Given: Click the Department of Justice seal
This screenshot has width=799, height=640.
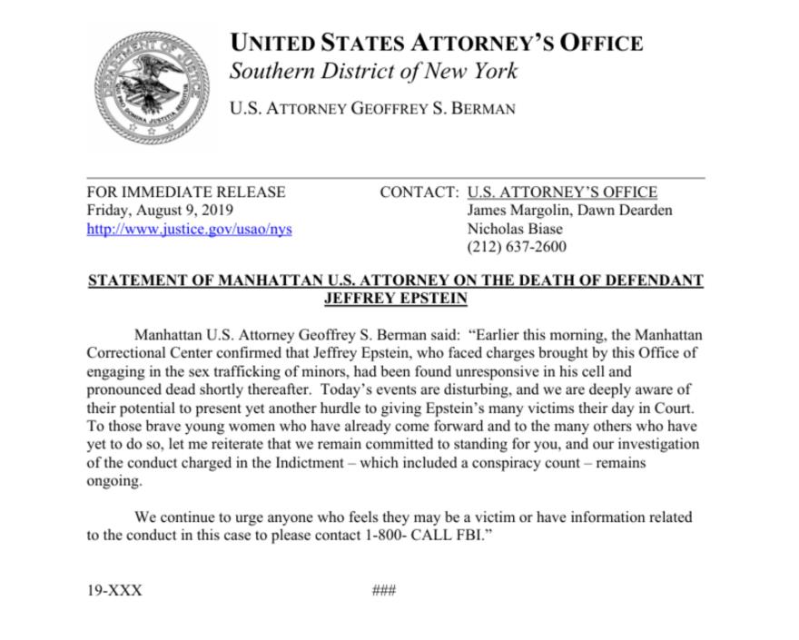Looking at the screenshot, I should (x=152, y=87).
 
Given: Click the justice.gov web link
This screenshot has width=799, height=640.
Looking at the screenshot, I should (x=189, y=229).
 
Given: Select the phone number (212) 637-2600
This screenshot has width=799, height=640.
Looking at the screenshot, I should (x=517, y=247).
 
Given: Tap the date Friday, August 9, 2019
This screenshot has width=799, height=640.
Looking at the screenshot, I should (x=160, y=211).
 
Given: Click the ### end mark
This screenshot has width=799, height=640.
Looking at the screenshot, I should (x=384, y=590).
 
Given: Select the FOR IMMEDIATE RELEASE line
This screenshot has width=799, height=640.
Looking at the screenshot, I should (x=186, y=192).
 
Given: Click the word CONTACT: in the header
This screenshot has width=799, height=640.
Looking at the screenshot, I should (x=419, y=192).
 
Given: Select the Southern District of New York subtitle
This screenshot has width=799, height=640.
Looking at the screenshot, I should (x=373, y=71).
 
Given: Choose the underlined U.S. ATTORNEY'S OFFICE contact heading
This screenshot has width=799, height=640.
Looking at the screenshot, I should (x=562, y=192).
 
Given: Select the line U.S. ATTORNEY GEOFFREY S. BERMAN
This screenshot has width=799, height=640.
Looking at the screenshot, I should (x=373, y=109).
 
